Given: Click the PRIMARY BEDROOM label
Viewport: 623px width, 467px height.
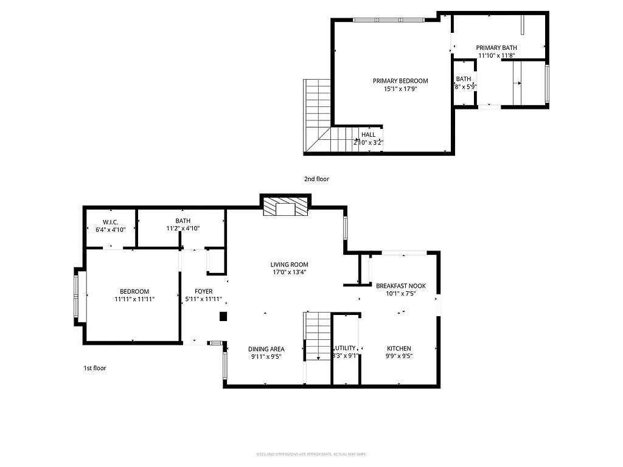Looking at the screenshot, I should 400,81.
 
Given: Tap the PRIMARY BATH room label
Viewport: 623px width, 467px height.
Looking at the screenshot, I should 496,47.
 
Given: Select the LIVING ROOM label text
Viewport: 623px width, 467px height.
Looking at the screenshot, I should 289,265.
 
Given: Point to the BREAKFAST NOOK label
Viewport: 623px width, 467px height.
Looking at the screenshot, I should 400,286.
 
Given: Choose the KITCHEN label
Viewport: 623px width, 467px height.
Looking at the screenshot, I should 399,348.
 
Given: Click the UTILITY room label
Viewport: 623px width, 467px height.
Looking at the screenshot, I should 344,348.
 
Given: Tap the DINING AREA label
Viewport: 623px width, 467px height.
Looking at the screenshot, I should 266,349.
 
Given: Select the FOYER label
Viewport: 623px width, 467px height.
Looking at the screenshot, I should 203,291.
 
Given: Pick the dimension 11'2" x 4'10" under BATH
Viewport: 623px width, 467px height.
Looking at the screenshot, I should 183,229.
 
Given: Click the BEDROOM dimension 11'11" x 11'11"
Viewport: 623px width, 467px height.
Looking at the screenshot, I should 134,299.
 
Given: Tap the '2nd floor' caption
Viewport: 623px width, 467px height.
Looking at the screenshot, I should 316,179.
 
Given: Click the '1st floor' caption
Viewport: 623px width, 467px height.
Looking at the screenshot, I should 95,368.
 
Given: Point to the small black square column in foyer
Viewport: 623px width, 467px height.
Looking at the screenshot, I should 223,316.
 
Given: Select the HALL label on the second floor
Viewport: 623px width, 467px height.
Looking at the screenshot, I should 368,134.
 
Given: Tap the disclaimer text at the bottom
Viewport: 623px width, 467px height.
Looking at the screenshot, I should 311,454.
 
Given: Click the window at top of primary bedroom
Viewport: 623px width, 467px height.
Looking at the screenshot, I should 388,19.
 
